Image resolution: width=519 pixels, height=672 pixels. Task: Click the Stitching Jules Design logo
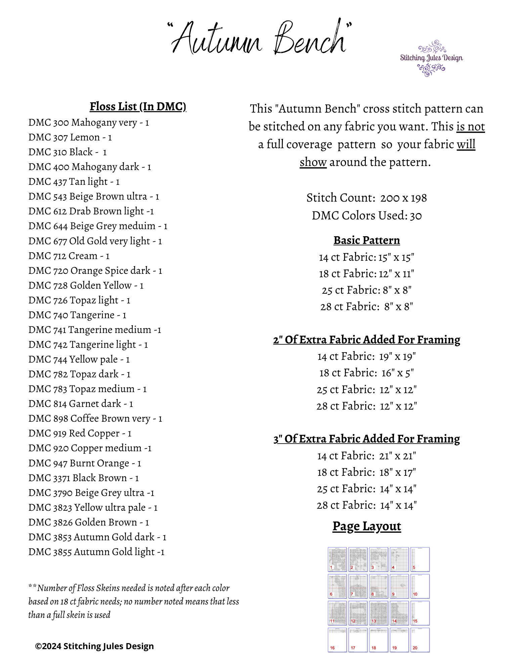(x=431, y=58)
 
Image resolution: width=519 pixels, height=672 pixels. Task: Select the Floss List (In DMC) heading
(x=138, y=107)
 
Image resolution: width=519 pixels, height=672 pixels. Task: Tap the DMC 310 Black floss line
(x=68, y=152)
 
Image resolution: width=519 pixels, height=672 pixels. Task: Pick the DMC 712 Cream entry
(x=69, y=256)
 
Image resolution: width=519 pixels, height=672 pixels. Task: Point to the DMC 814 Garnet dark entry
(x=81, y=404)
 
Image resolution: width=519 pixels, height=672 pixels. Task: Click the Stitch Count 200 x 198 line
(x=366, y=198)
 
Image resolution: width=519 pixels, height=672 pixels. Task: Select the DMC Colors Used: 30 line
(x=366, y=216)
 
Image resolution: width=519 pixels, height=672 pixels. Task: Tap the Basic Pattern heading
(x=366, y=241)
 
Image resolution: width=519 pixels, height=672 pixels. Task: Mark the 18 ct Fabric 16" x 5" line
(x=366, y=373)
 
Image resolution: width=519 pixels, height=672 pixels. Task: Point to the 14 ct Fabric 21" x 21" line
(x=366, y=456)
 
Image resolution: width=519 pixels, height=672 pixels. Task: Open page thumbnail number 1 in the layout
(x=337, y=559)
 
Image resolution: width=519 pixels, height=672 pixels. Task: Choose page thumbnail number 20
(x=420, y=640)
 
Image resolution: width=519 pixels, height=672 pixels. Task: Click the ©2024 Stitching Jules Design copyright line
(x=94, y=646)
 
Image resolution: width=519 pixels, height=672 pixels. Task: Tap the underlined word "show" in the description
(x=313, y=162)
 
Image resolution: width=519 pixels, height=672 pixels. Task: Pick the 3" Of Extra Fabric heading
(x=366, y=439)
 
